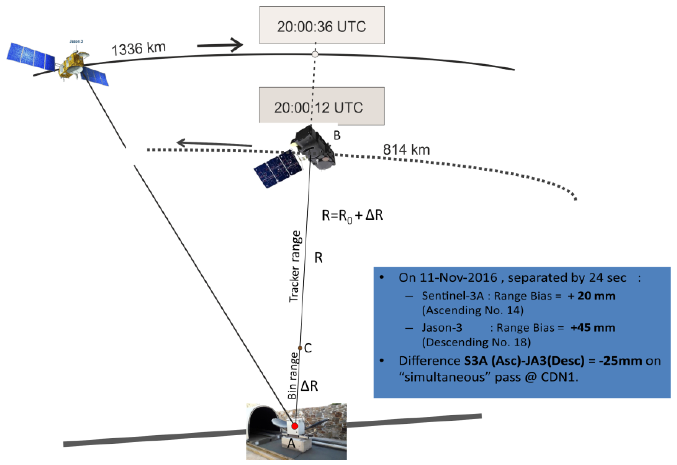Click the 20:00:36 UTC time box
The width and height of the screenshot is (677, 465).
pos(322,25)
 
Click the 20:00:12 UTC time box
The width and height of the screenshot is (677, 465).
pos(322,107)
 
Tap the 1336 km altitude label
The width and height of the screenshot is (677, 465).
pos(138,48)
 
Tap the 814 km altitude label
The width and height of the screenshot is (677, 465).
pos(406,150)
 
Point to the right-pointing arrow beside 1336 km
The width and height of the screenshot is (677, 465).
pos(220,45)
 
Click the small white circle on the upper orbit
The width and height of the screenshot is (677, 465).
pos(315,54)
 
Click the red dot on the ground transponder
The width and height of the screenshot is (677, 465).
pos(295,426)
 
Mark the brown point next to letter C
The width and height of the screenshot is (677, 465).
pos(300,348)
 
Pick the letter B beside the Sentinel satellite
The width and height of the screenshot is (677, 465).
pos(337,136)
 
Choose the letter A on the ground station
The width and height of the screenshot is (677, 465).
pos(291,443)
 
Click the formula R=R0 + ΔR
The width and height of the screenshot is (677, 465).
pos(352,216)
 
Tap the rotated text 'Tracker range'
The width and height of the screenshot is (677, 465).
pos(295,266)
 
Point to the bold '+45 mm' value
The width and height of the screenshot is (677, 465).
pos(593,327)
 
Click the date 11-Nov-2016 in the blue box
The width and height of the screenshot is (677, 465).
pos(458,278)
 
